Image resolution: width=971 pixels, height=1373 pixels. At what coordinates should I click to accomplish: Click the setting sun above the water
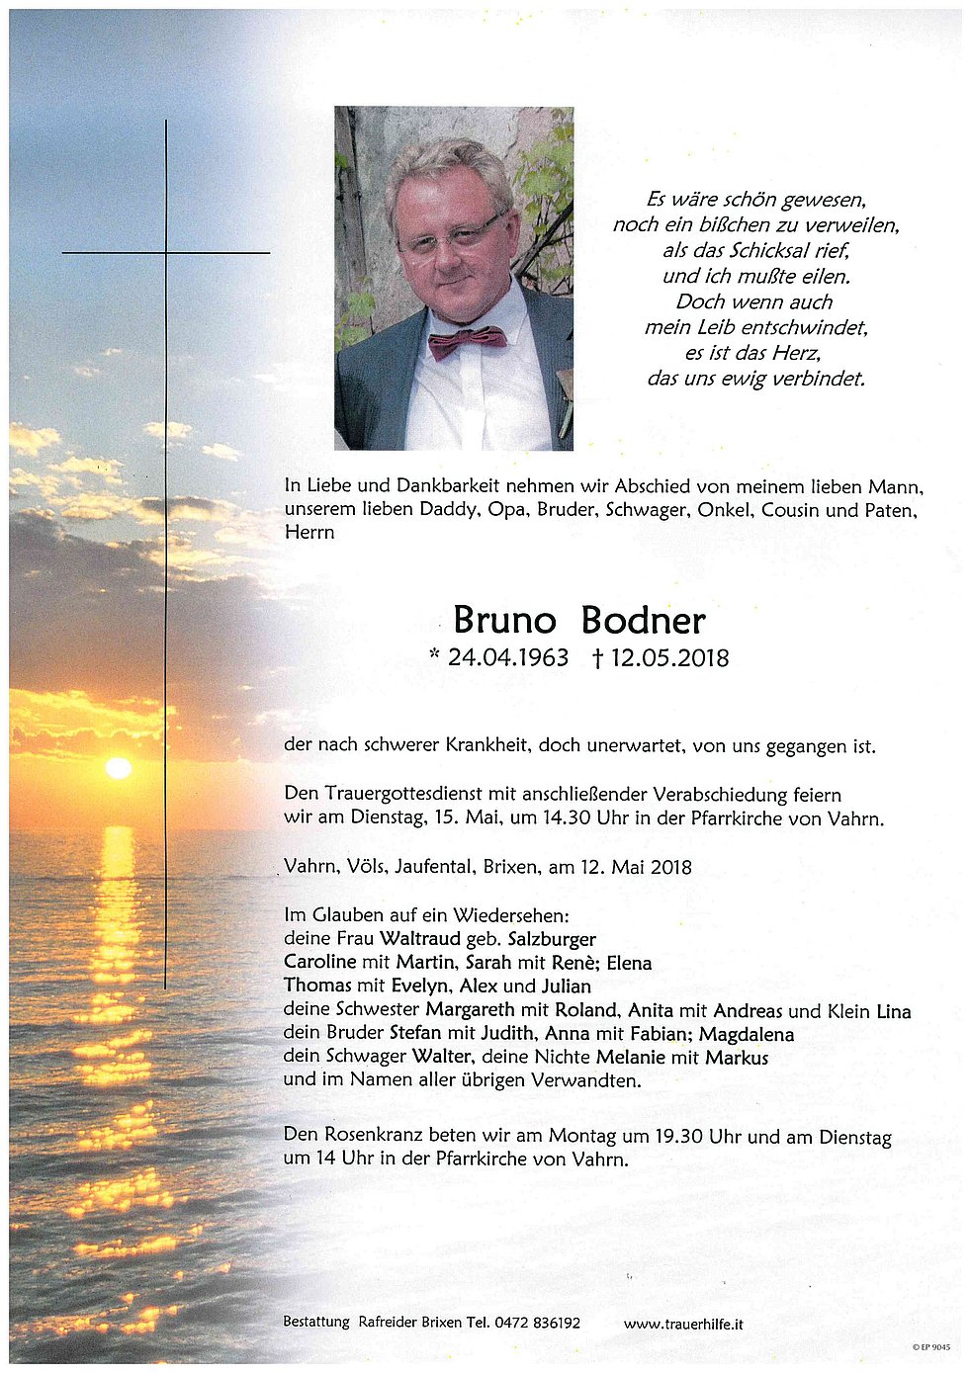click(119, 768)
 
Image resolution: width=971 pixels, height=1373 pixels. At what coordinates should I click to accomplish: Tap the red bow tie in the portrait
click(467, 342)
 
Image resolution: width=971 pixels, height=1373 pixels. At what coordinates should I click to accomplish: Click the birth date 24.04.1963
click(507, 657)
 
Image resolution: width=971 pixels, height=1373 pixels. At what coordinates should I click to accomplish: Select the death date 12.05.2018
click(669, 657)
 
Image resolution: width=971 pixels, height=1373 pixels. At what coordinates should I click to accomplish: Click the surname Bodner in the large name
click(643, 621)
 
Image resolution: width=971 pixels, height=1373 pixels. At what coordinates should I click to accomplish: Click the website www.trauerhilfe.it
click(683, 1324)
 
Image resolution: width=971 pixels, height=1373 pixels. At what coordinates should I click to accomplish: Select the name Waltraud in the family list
click(420, 938)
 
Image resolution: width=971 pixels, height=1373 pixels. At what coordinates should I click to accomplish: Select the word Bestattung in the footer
click(316, 1323)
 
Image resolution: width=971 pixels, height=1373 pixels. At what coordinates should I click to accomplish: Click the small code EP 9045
click(934, 1346)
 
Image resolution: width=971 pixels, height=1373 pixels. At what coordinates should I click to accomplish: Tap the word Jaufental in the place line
click(434, 867)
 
